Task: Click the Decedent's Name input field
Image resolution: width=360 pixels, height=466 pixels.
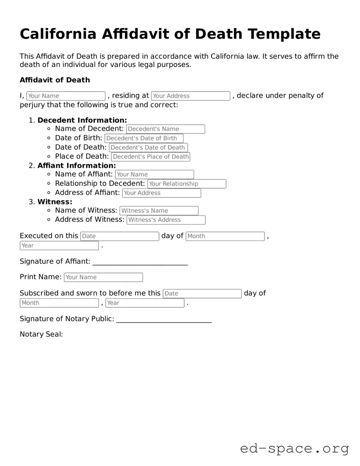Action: click(165, 129)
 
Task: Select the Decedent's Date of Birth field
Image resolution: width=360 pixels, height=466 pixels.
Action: click(144, 138)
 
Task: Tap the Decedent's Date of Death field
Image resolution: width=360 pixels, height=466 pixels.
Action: click(148, 148)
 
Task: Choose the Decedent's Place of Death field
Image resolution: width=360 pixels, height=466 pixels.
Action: click(151, 157)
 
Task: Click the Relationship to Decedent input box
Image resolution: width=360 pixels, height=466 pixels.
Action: click(187, 184)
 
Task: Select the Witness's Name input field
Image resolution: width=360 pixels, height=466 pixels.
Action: click(159, 211)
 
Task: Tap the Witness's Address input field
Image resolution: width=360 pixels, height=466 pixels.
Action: click(166, 220)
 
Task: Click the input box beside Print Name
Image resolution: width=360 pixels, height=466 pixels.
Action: click(103, 277)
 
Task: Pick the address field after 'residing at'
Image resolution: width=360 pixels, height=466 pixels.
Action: click(191, 96)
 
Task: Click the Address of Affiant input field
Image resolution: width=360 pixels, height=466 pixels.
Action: click(161, 193)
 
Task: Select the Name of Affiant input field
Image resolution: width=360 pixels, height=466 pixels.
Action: click(154, 175)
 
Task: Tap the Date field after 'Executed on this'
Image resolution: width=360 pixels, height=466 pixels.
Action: click(119, 236)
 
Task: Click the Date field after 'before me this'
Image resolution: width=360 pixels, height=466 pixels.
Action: click(202, 294)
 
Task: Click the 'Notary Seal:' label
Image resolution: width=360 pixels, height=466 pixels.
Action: click(41, 334)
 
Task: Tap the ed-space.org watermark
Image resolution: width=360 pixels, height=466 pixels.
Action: click(294, 449)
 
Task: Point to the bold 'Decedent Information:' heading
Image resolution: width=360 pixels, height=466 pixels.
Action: click(82, 120)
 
